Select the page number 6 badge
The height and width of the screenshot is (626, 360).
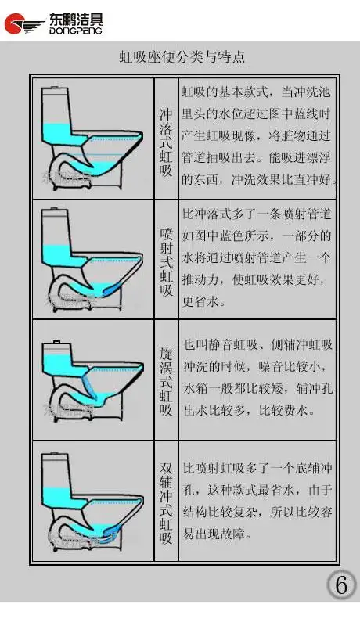tap(340, 584)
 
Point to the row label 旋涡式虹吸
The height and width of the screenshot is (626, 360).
tap(166, 383)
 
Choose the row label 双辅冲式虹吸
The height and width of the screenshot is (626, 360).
tap(166, 503)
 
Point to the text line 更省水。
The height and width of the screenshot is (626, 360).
tap(204, 300)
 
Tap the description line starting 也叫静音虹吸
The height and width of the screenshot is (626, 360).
tap(257, 344)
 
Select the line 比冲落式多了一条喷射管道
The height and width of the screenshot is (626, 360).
tap(257, 214)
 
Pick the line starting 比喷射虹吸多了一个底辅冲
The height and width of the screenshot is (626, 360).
tap(257, 469)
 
